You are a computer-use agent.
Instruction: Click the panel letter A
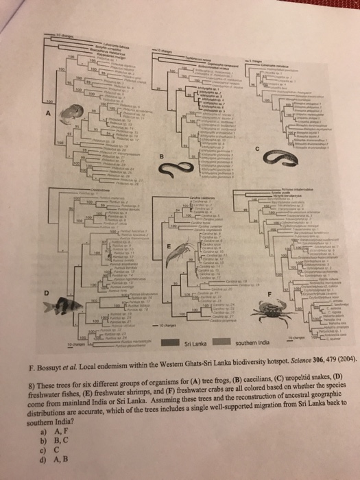(x=49, y=115)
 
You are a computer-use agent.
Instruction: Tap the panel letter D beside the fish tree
(x=46, y=293)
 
